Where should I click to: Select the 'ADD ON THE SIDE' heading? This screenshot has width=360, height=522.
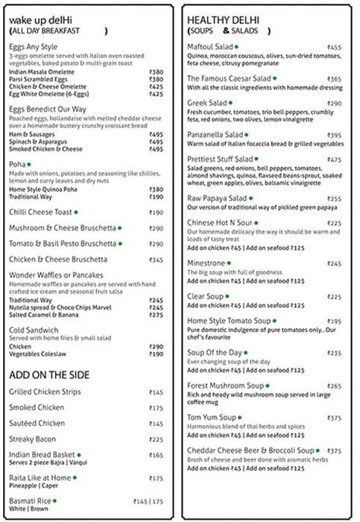click(x=49, y=374)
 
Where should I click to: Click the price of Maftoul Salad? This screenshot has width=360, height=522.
click(x=335, y=47)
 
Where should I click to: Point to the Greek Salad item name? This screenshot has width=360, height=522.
click(x=206, y=103)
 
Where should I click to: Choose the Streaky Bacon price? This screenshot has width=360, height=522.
click(x=156, y=439)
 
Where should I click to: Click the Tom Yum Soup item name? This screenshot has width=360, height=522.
click(x=211, y=417)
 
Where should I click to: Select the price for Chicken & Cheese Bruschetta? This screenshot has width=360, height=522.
click(x=156, y=260)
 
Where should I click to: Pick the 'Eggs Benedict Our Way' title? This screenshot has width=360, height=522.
click(x=46, y=109)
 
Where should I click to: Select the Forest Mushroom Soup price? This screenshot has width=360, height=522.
click(x=335, y=386)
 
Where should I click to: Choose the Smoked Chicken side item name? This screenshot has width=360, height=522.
click(x=37, y=408)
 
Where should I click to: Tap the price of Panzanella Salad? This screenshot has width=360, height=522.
click(x=335, y=135)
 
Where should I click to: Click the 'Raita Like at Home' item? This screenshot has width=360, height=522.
click(x=40, y=478)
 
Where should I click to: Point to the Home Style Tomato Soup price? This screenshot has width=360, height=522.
click(x=335, y=321)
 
